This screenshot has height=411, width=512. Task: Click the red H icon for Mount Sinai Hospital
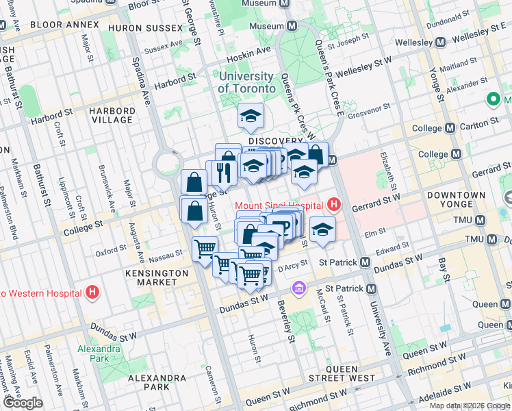[x=333, y=204]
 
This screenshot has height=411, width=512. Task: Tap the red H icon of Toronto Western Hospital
[x=93, y=293]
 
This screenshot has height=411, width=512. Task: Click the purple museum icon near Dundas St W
[x=298, y=288]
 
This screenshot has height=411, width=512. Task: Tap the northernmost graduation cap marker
[x=251, y=116]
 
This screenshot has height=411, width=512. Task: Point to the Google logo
[x=23, y=402]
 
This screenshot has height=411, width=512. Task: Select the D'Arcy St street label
[x=294, y=264]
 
